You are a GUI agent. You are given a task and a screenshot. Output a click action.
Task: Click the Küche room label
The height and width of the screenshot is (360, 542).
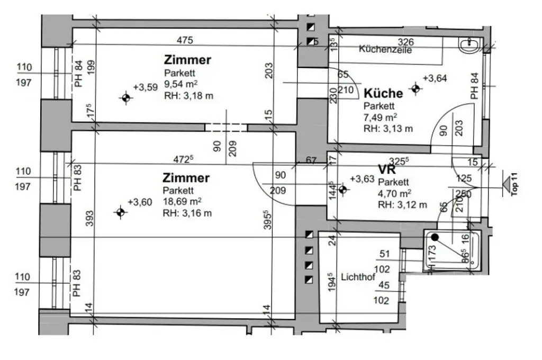click(x=383, y=93)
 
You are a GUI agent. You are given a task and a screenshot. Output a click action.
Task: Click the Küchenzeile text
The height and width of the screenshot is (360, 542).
click(x=385, y=50)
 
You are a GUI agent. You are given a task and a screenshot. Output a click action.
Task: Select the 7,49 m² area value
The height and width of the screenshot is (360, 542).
click(x=381, y=117)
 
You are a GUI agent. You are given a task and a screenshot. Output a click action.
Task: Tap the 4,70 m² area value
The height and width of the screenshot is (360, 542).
click(x=394, y=193)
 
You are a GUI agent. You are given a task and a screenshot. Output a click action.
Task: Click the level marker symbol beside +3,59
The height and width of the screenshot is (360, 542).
click(x=125, y=98)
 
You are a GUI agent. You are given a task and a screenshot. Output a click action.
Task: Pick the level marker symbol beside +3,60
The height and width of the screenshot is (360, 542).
click(x=121, y=212)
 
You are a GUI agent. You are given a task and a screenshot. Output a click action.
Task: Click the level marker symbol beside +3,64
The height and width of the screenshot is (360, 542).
click(x=415, y=88)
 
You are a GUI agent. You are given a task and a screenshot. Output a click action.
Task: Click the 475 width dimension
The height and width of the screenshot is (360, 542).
click(x=185, y=40)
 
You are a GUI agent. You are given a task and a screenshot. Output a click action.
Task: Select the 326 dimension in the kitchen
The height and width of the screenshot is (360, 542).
click(x=405, y=41)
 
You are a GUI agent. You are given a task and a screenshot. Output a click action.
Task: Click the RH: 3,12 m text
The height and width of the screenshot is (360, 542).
click(x=402, y=205)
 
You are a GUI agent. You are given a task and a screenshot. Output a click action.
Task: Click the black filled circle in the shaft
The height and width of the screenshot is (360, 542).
click(x=435, y=238)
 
